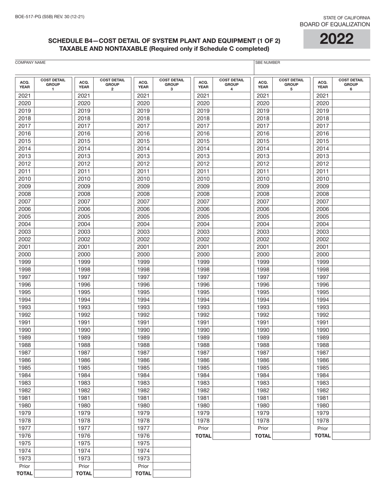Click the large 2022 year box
tap(336, 39)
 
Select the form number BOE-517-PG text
tap(49, 17)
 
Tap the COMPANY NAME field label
tap(30, 63)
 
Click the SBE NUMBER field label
tap(267, 63)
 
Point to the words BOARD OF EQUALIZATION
tap(334, 24)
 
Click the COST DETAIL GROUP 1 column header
tap(53, 84)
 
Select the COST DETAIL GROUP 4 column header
tap(231, 84)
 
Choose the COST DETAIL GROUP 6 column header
tap(351, 84)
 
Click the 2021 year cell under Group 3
tap(143, 96)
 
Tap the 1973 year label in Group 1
tap(24, 458)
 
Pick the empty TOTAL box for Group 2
tap(112, 473)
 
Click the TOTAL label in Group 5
tap(263, 436)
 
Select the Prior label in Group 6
tap(323, 428)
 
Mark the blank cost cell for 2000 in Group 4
tap(231, 254)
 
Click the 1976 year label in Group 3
tap(143, 436)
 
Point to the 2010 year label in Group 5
tap(263, 179)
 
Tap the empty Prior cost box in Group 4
tap(231, 428)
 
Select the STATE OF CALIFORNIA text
tap(346, 18)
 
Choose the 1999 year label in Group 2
tap(84, 262)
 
